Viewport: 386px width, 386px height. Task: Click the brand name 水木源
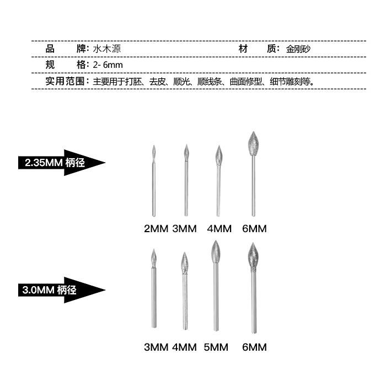(108, 49)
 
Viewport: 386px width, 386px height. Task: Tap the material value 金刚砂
(299, 49)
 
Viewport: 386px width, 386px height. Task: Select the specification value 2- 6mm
(108, 65)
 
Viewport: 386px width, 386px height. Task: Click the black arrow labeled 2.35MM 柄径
(61, 162)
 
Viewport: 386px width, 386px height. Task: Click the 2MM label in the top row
(155, 228)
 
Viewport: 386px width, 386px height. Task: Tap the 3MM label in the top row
(184, 228)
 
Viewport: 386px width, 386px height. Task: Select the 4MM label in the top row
(219, 228)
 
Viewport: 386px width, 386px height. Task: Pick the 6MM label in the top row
(254, 228)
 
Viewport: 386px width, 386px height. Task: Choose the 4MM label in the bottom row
(184, 347)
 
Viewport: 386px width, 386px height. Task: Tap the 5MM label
(215, 347)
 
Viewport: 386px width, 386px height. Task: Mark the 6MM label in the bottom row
(254, 347)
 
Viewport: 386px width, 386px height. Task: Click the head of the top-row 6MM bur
(253, 144)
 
